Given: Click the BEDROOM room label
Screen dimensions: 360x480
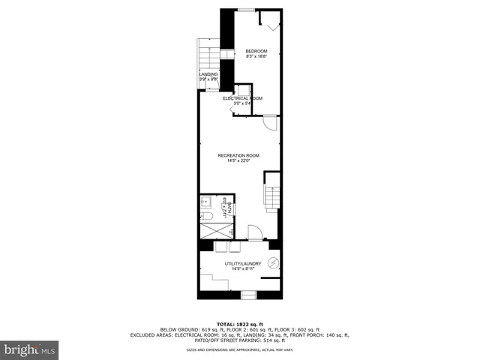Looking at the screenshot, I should pyautogui.click(x=256, y=51).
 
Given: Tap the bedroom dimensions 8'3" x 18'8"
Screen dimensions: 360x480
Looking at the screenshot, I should pyautogui.click(x=256, y=56).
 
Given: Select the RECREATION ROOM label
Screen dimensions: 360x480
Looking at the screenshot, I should pyautogui.click(x=238, y=154).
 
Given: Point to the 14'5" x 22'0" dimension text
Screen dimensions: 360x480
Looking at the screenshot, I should pyautogui.click(x=238, y=160).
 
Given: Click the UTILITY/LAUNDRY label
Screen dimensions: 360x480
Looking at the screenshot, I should pyautogui.click(x=241, y=264).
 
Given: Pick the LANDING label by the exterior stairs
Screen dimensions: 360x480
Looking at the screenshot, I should pyautogui.click(x=208, y=74).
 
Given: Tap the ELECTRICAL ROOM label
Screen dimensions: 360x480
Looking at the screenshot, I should pyautogui.click(x=241, y=98).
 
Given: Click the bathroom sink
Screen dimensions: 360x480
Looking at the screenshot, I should pyautogui.click(x=205, y=202).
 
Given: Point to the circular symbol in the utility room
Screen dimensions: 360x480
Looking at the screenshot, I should pyautogui.click(x=273, y=262).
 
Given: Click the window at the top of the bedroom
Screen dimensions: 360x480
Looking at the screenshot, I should pyautogui.click(x=244, y=10).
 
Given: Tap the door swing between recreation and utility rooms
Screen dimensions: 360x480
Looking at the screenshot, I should pyautogui.click(x=254, y=232).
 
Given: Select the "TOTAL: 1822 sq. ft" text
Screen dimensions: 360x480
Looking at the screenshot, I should pyautogui.click(x=240, y=322).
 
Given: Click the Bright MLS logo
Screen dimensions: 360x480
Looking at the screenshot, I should pyautogui.click(x=30, y=349).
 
